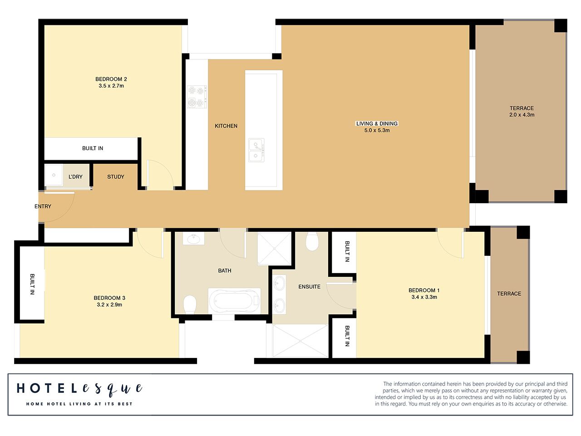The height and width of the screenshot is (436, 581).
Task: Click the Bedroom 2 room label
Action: pyautogui.click(x=111, y=79)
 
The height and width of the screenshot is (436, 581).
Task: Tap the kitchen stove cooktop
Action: pyautogui.click(x=197, y=97)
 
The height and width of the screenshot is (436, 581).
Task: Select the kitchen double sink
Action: pyautogui.click(x=256, y=150)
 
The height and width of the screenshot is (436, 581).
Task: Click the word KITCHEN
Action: pyautogui.click(x=226, y=126)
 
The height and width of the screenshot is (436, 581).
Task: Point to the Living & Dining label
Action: pyautogui.click(x=377, y=123)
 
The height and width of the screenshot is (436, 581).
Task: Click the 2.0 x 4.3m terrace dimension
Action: pyautogui.click(x=522, y=115)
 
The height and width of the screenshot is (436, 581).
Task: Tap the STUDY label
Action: pyautogui.click(x=116, y=177)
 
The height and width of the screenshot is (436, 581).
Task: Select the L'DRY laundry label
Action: pyautogui.click(x=76, y=177)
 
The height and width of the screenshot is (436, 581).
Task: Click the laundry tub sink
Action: pyautogui.click(x=54, y=175)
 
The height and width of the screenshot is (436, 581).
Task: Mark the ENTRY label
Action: pyautogui.click(x=43, y=206)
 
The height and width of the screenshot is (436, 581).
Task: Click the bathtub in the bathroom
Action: pyautogui.click(x=234, y=301)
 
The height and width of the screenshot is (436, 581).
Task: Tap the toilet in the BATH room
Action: pyautogui.click(x=190, y=304)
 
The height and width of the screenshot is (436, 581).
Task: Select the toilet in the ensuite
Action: pyautogui.click(x=312, y=241)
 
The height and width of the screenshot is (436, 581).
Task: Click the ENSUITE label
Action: pyautogui.click(x=309, y=287)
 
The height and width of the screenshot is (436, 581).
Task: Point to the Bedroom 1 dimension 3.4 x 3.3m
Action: pyautogui.click(x=424, y=297)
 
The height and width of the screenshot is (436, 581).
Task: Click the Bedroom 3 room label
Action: pyautogui.click(x=109, y=298)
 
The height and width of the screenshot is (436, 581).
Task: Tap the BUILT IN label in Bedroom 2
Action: pyautogui.click(x=93, y=148)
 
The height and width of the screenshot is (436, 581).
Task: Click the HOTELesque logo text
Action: pyautogui.click(x=79, y=389)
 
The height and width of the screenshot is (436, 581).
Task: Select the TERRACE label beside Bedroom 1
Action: pyautogui.click(x=509, y=294)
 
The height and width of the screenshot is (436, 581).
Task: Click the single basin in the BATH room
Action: pyautogui.click(x=194, y=239)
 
